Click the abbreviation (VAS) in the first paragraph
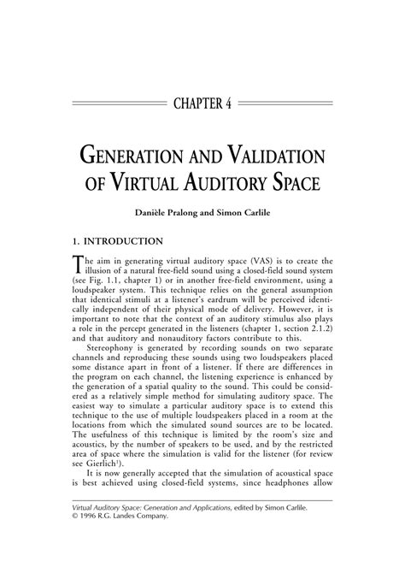click(243, 260)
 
